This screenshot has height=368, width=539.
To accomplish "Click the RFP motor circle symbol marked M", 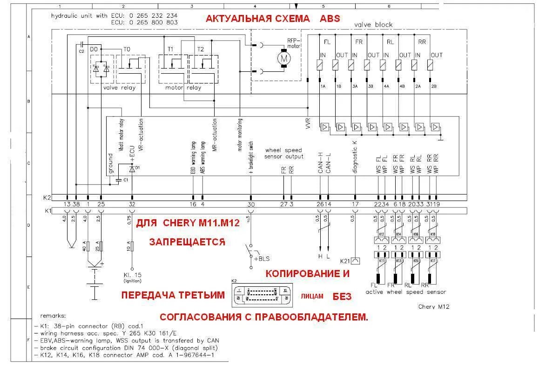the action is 283,58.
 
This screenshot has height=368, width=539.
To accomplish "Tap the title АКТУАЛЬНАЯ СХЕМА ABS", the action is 273,19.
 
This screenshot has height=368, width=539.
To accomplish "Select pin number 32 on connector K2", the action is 132,204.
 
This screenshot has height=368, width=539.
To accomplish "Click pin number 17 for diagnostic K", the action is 355,204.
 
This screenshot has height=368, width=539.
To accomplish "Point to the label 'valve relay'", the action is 119,88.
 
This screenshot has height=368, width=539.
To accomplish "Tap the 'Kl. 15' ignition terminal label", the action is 132,276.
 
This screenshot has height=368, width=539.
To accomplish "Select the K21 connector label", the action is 345,260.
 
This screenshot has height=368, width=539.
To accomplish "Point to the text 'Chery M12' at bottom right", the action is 434,306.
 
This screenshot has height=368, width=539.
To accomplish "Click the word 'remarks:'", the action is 53,315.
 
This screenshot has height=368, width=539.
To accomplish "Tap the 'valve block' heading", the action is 373,25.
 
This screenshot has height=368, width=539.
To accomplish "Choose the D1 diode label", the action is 137,167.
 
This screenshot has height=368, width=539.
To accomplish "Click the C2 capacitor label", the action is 81,50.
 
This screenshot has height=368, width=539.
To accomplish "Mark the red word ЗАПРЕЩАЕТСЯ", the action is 187,242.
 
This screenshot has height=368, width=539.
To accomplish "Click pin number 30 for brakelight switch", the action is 251,204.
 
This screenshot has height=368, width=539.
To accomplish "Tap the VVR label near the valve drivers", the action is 308,123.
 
